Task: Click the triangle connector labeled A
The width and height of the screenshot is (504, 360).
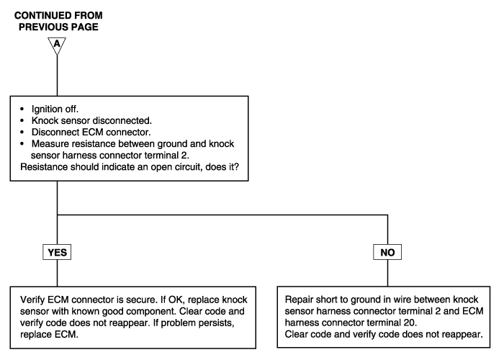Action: pos(57,45)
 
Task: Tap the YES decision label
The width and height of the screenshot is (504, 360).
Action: pos(57,252)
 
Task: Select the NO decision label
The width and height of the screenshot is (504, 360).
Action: pos(387,252)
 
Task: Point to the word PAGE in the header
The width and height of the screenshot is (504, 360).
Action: pos(85,27)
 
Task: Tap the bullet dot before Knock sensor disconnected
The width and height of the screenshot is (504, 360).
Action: pos(22,120)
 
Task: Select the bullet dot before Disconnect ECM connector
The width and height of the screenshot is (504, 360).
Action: pos(22,132)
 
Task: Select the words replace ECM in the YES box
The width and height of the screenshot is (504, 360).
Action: pos(49,335)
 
